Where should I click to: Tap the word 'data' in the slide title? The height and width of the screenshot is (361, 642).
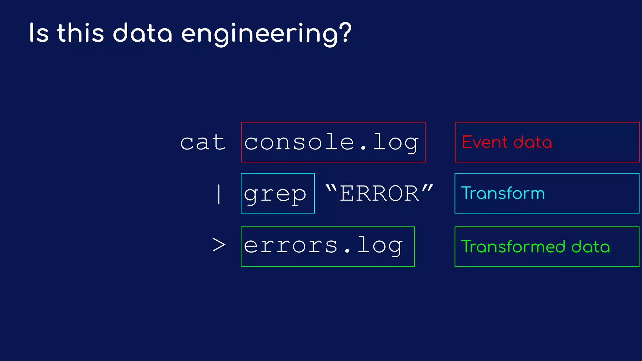tap(143, 33)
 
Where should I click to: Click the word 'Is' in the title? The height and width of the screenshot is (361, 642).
tap(39, 33)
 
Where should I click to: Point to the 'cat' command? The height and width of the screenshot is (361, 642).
tap(203, 142)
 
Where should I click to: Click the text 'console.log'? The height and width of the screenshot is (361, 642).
tap(331, 142)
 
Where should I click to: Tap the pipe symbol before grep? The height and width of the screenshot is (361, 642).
tap(219, 194)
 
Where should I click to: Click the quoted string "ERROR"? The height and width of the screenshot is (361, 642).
tap(379, 193)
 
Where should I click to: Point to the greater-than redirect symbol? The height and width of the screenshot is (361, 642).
tap(219, 245)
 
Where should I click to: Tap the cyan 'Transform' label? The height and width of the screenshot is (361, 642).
tap(503, 193)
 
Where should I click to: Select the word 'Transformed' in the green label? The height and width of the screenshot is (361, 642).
tap(513, 247)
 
